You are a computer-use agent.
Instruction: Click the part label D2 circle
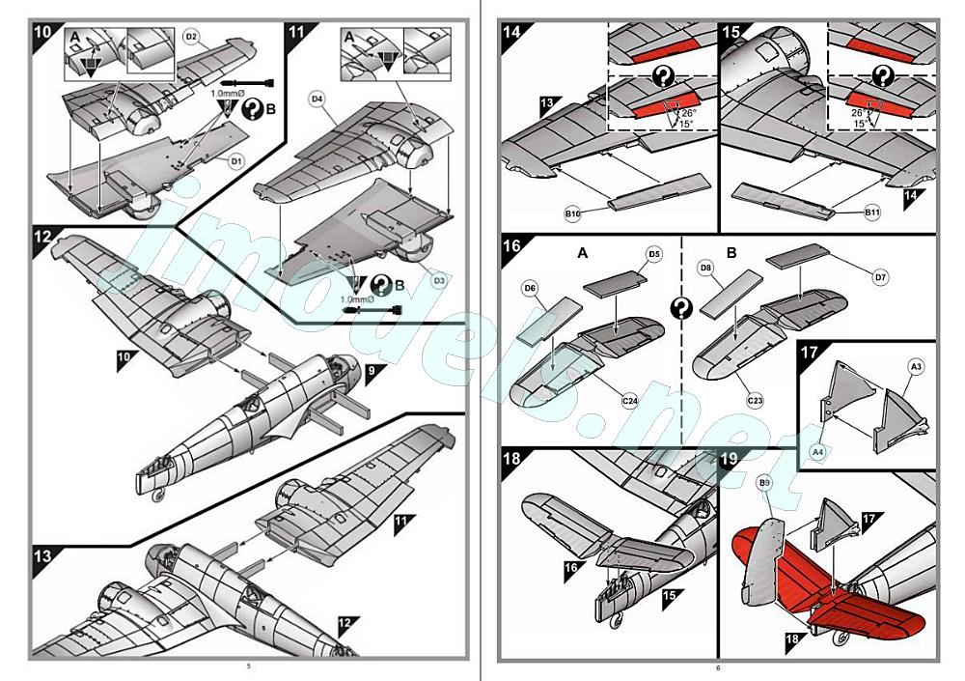coord(191,37)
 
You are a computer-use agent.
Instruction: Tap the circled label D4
coord(317,99)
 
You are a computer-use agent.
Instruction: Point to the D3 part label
coord(439,280)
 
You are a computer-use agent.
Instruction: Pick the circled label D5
coord(654,255)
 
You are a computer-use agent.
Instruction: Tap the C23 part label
coord(756,398)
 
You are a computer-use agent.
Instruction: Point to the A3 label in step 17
coord(916,367)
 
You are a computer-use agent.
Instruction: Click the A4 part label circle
coord(816,451)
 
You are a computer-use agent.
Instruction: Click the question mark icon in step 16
coord(682,308)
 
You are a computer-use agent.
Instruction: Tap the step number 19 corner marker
coord(731,463)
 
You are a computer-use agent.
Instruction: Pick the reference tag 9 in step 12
coord(373,368)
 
